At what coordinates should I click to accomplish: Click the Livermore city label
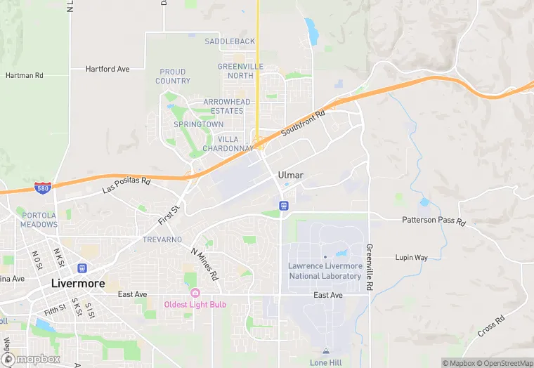point(78,284)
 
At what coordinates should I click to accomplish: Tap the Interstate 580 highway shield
point(42,188)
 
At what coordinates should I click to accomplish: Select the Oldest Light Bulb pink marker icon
point(195,293)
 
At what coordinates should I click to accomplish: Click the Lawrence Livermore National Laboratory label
point(325,271)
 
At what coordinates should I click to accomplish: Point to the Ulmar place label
point(290,174)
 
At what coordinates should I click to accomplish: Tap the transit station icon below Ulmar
point(283,205)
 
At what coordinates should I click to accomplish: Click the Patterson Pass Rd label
point(434,221)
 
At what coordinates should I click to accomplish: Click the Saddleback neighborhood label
point(230,41)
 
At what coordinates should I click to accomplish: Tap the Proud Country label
point(173,77)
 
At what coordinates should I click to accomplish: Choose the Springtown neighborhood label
point(199,124)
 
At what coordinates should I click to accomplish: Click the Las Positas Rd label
point(126,185)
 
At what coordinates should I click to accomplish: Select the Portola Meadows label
point(39,220)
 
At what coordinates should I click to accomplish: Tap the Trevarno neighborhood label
point(163,239)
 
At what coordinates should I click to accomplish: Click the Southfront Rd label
point(304,124)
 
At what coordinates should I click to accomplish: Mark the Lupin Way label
point(411,258)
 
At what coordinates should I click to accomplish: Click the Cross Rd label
point(490,326)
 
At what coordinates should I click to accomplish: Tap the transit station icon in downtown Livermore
point(82,268)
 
